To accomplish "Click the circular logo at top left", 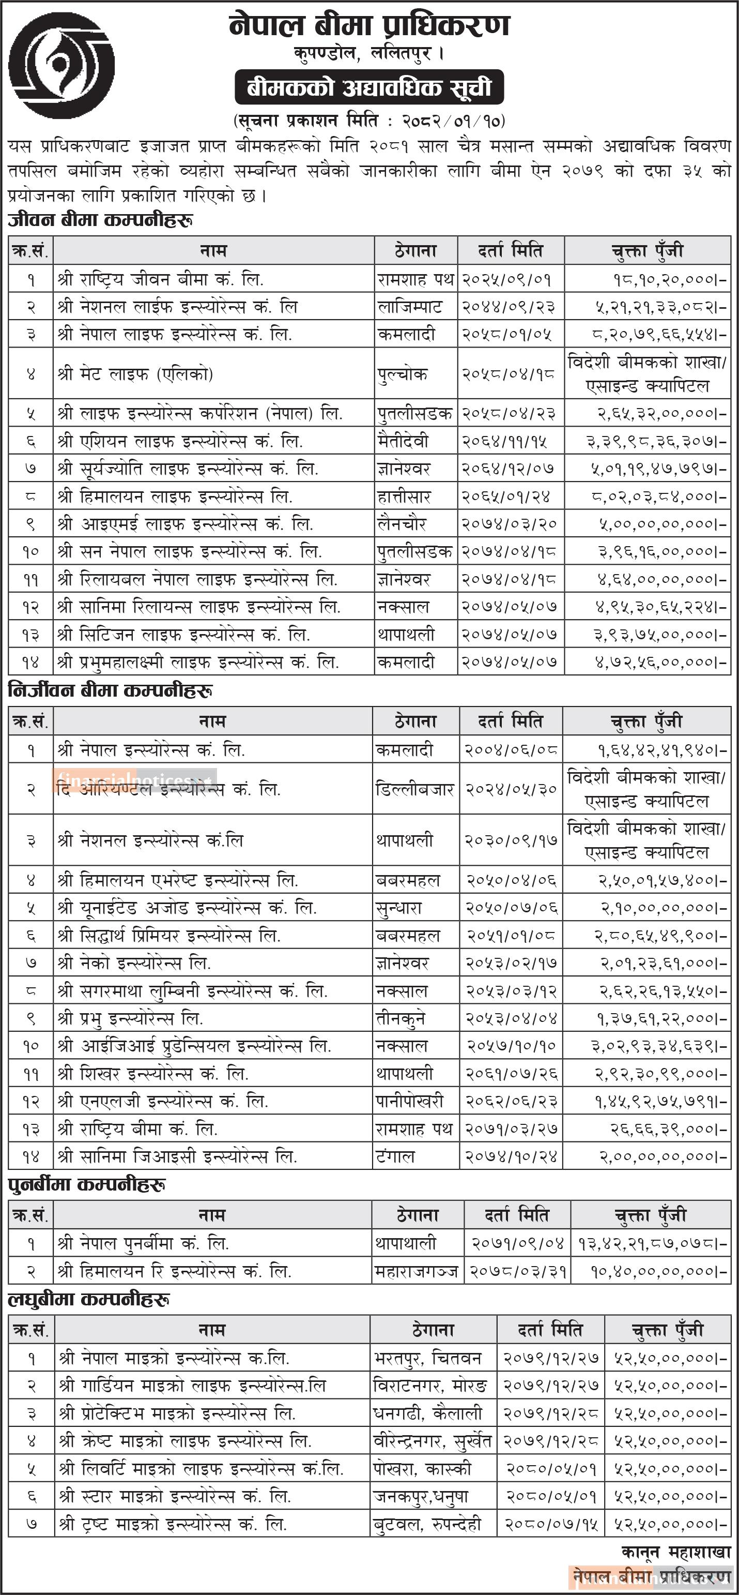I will (x=61, y=65).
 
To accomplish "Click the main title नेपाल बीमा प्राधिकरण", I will (x=369, y=26).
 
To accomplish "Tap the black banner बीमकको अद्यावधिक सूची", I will (x=369, y=88).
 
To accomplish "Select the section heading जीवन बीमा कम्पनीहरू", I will (x=100, y=220).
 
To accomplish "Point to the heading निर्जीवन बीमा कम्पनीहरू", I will (x=111, y=691).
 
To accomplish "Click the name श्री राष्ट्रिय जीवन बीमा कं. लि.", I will (x=161, y=280).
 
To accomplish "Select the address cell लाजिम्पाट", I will (x=410, y=307).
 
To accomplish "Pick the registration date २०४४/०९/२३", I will (x=510, y=307).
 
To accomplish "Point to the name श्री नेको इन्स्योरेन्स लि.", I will (x=134, y=964).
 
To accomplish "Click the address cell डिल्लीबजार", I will (x=414, y=789).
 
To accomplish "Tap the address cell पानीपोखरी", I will (x=410, y=1102).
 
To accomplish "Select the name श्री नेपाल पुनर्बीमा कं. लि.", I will (x=144, y=1243).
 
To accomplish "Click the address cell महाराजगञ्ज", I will (x=417, y=1271).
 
